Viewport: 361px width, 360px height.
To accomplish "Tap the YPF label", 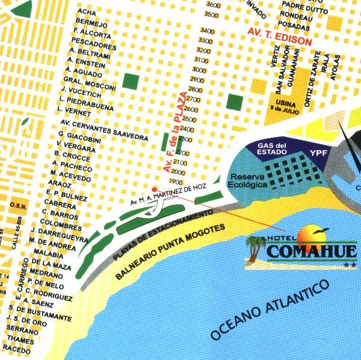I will tap(318, 153).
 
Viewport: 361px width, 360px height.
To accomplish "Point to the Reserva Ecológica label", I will tap(247, 181).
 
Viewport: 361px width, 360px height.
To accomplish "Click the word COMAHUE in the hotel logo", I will tap(311, 251).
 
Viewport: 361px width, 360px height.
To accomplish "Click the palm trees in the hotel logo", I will tap(256, 247).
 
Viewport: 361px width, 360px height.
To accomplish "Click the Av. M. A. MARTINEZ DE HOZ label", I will tap(168, 194).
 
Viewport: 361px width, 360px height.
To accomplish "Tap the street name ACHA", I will tap(87, 11).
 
